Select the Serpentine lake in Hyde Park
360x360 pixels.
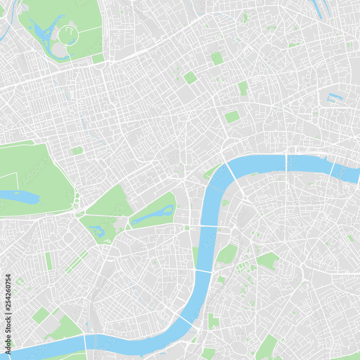click(x=20, y=197)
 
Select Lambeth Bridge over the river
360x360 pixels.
click(x=203, y=271)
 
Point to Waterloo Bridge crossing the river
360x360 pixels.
click(x=234, y=176)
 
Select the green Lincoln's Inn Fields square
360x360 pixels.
click(x=232, y=117)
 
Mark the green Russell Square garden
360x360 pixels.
click(x=190, y=77)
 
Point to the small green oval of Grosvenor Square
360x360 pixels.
click(x=77, y=150)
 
